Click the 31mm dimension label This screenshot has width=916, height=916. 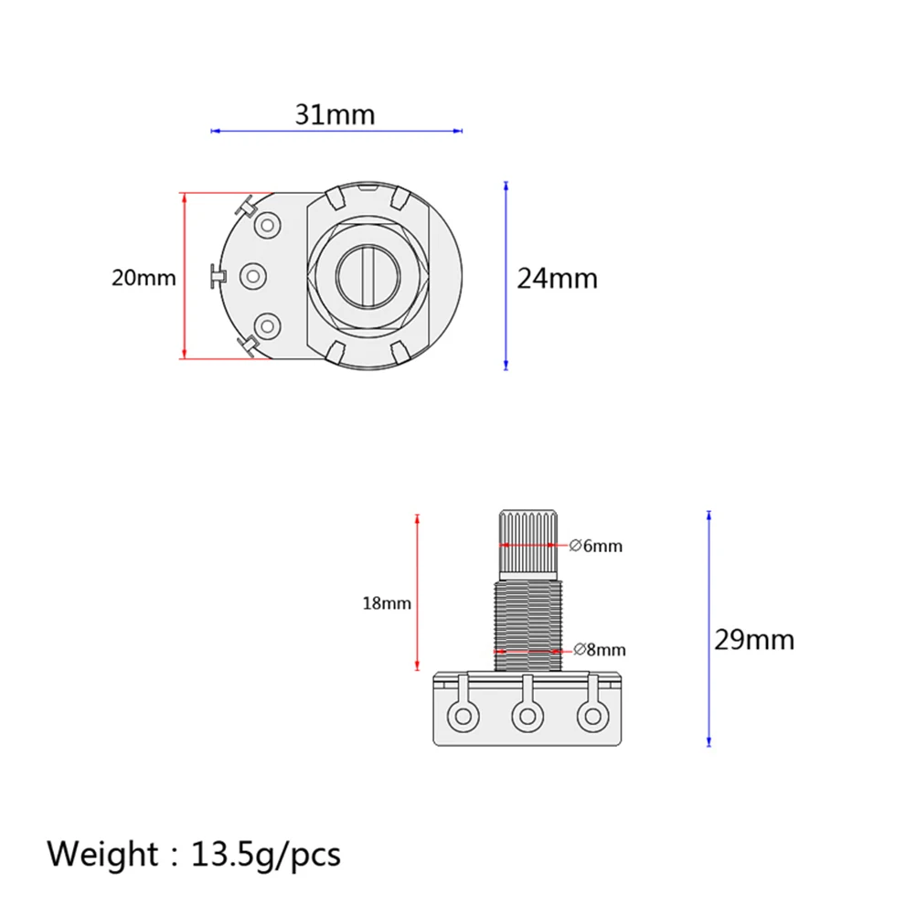point(335,114)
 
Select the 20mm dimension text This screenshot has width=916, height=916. point(144,278)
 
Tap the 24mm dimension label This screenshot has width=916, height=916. point(558,279)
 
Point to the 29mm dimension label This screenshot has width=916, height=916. point(754,640)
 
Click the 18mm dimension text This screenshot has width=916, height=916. point(387,602)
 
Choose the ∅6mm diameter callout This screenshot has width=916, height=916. point(595,546)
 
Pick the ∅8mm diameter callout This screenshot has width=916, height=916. point(600,649)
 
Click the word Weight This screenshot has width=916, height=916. point(102,855)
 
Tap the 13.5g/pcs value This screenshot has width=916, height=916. point(266,855)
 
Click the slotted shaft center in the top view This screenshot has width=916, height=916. point(368,276)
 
